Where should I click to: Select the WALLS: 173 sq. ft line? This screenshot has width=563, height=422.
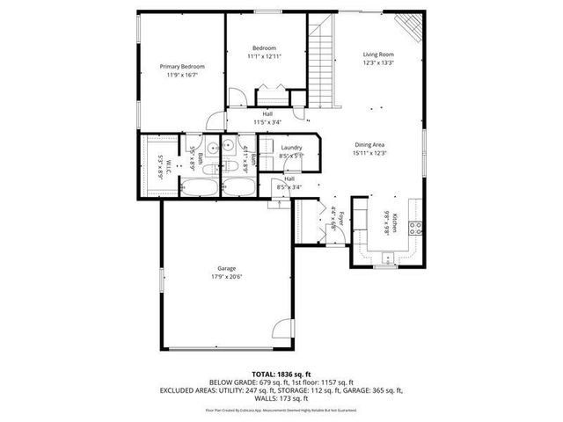(281, 398)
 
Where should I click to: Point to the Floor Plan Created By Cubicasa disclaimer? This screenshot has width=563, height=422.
(281, 410)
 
